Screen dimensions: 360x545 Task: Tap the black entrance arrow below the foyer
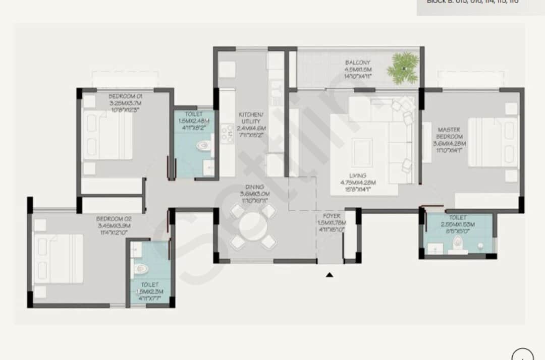[x=330, y=275]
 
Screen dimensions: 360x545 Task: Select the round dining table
[x=253, y=226]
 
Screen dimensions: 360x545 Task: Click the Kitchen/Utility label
[x=251, y=121]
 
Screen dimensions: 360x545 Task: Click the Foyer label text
[x=330, y=222]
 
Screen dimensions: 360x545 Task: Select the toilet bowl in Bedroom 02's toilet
[x=138, y=268]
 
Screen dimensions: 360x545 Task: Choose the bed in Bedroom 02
[x=58, y=259]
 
